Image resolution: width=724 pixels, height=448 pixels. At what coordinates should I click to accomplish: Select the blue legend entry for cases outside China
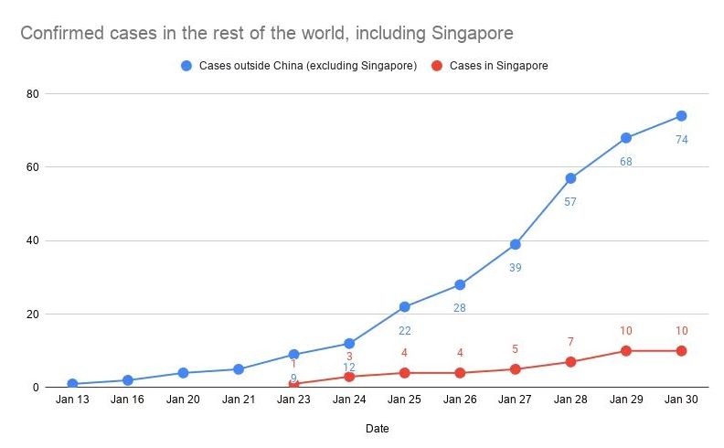[300, 66]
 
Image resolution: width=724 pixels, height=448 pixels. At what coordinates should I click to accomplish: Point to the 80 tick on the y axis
[32, 94]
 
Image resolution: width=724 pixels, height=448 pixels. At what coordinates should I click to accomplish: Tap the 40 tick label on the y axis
[32, 241]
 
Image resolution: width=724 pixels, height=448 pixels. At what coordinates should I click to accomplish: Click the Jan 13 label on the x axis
[72, 400]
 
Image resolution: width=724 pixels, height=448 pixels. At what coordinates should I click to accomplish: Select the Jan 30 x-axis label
[681, 400]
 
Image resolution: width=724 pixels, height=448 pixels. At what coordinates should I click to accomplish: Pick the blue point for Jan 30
[681, 116]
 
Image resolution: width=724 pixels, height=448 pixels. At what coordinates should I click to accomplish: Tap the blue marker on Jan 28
[570, 178]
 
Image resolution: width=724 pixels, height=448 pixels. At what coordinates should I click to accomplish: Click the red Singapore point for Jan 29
[626, 351]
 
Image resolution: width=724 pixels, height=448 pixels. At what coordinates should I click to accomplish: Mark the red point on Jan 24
[349, 377]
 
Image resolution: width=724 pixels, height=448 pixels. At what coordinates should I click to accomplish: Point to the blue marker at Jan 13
[72, 384]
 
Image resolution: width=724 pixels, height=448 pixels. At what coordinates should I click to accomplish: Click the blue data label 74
[681, 140]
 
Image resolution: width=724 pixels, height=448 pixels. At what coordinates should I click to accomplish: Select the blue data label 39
[516, 268]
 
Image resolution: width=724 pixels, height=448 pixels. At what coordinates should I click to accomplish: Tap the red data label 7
[570, 342]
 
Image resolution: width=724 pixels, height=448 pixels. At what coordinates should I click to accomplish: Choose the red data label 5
[516, 349]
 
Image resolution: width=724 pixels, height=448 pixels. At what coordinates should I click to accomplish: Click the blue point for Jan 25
[404, 307]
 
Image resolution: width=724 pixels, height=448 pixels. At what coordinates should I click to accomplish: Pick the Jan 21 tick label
[238, 400]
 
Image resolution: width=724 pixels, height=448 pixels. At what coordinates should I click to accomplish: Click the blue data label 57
[570, 202]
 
